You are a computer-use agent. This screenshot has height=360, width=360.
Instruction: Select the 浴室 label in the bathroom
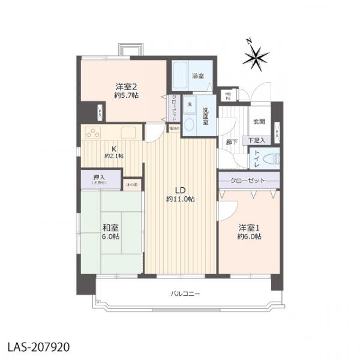pos(197,76)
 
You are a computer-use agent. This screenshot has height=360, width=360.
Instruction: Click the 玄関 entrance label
pos(259,122)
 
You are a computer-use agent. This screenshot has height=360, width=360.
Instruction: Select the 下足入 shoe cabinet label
pos(259,140)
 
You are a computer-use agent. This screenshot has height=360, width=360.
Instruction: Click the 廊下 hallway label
pos(231,142)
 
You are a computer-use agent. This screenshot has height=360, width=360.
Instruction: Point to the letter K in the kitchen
pos(113,149)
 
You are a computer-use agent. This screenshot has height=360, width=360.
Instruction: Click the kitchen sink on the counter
pos(130,133)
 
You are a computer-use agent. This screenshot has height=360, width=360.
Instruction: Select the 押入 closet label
pos(99,178)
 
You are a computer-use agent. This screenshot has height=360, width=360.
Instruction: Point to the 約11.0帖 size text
pos(180,199)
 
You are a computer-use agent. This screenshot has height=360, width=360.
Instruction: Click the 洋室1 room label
pos(249,228)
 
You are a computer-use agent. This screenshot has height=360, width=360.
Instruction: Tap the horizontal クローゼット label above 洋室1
pos(248,180)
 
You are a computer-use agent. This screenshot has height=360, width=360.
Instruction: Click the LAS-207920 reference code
pos(39,346)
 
